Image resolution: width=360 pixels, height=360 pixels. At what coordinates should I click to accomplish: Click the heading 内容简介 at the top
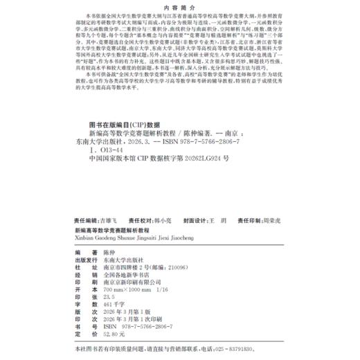179,10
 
